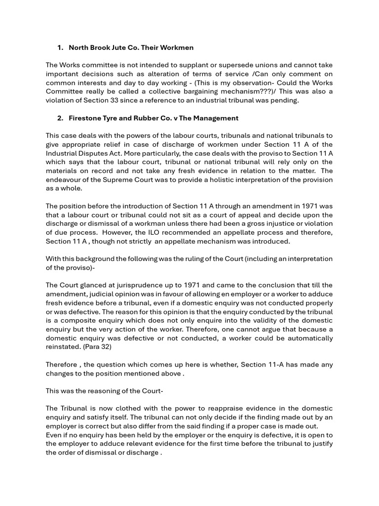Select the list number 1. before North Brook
click(60, 48)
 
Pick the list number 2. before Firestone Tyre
click(60, 118)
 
